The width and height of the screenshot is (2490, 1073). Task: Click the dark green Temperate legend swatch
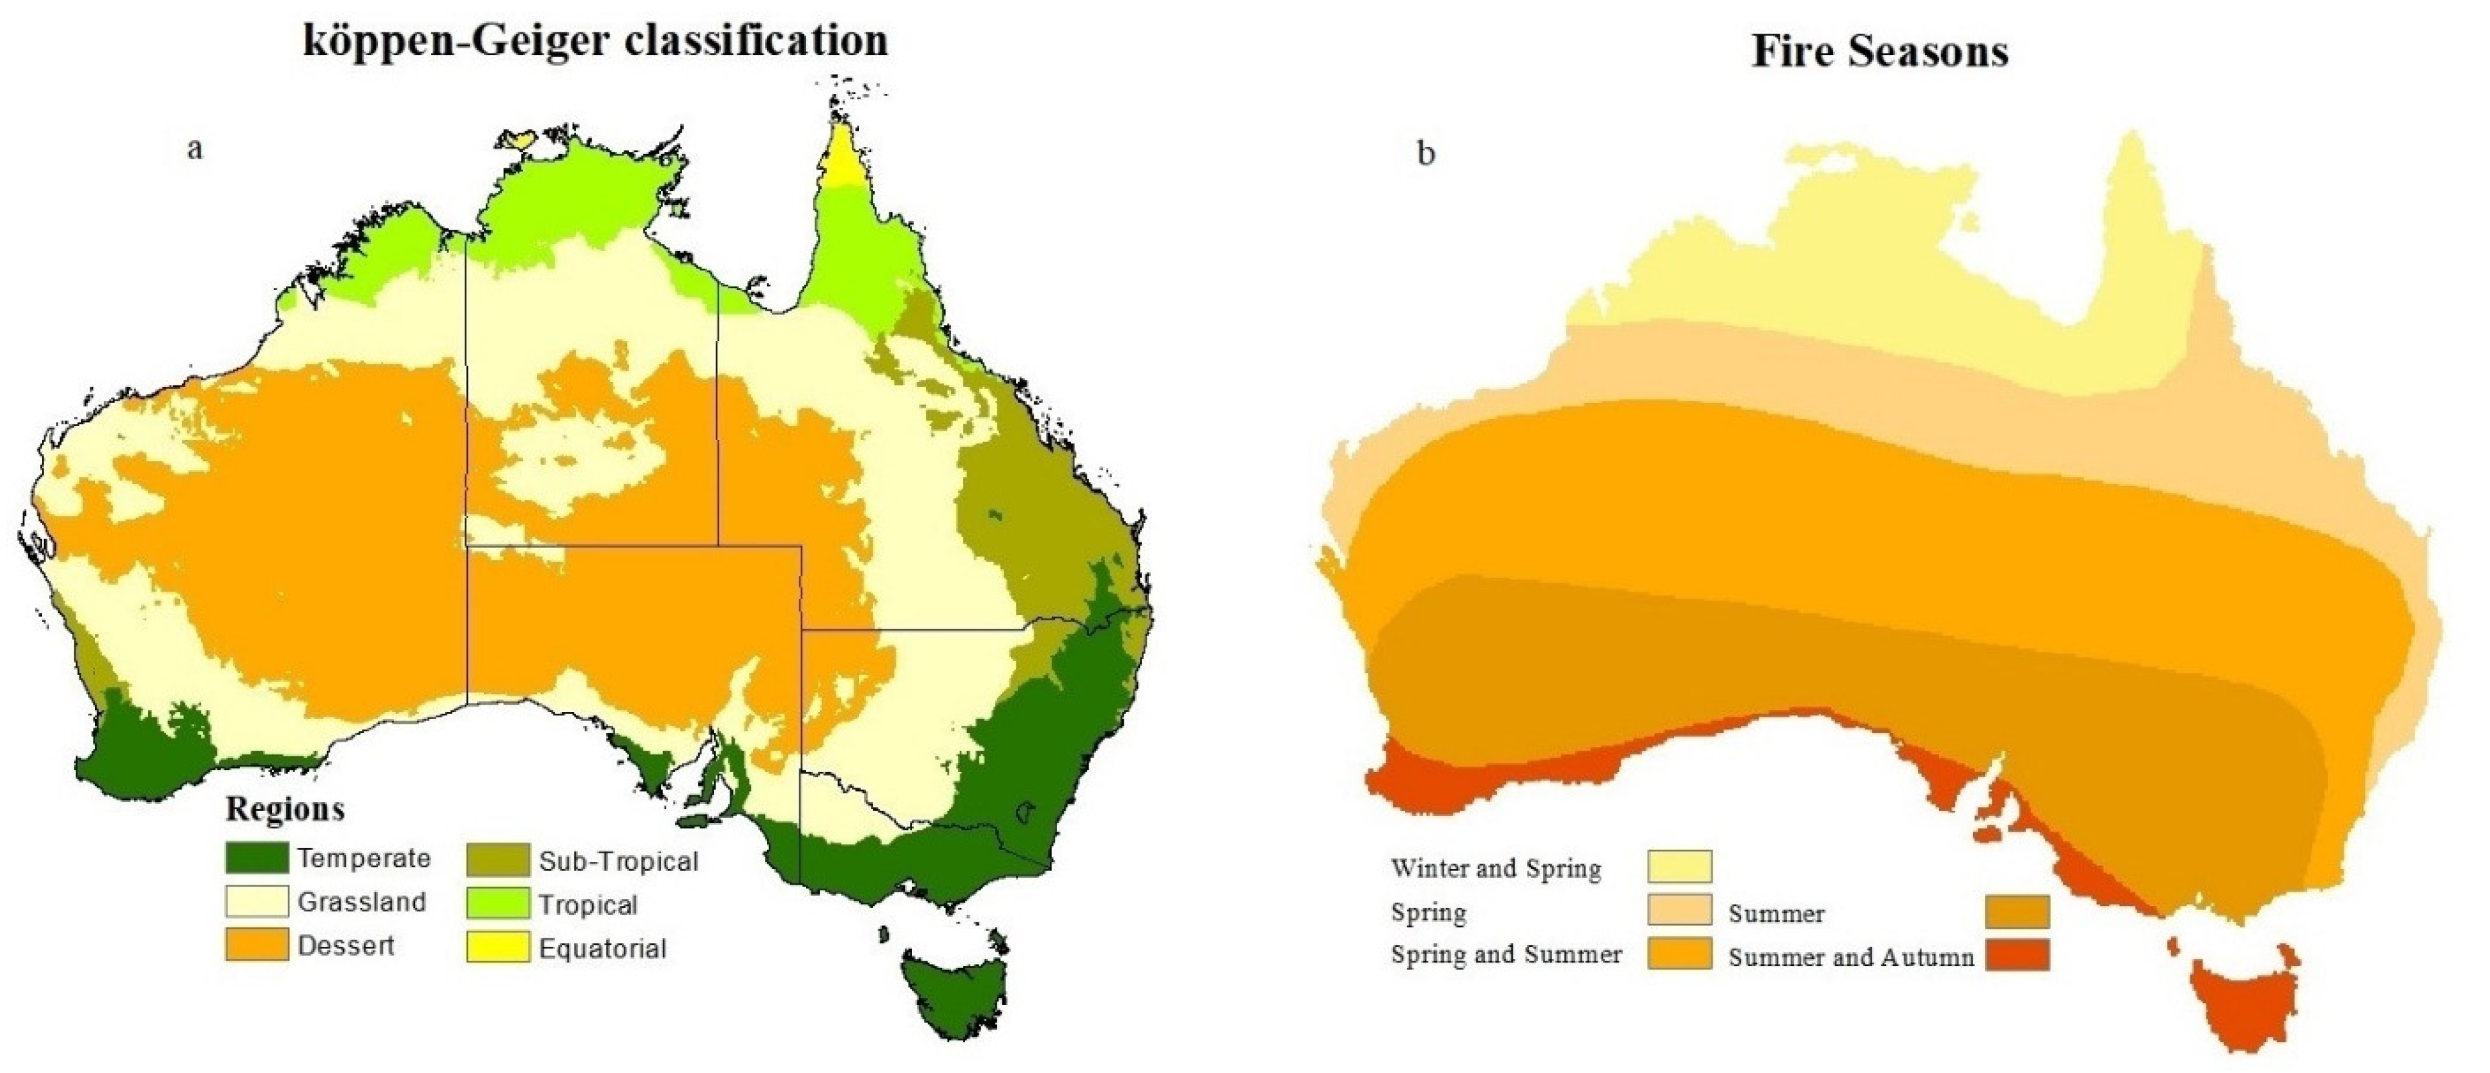(256, 858)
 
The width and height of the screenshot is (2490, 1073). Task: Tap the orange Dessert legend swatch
(256, 946)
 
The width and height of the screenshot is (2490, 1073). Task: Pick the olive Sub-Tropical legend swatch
(498, 860)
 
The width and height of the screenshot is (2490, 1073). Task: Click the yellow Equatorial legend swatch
(498, 947)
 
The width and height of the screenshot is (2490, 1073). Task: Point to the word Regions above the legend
(285, 809)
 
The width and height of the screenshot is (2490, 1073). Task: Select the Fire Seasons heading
(1880, 51)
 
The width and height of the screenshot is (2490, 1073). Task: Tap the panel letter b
(1426, 155)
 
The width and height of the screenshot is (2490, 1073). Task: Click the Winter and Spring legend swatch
(1679, 866)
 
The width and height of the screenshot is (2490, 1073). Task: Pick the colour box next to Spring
(1679, 911)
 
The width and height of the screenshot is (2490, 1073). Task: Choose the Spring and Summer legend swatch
(1679, 953)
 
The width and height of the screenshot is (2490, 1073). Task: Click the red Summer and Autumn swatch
(2018, 955)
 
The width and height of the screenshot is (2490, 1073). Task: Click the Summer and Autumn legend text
(1850, 958)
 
